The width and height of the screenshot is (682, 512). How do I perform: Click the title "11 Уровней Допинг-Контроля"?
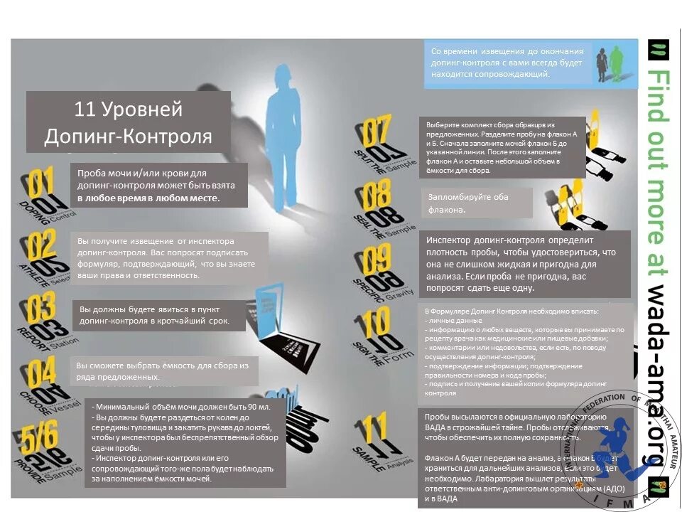point(129,122)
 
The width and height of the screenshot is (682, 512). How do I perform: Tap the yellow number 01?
point(40,183)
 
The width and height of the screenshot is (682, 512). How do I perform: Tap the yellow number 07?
point(377,131)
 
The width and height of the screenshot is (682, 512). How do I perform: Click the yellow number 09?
point(377,259)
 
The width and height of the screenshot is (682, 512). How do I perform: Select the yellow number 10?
point(377,322)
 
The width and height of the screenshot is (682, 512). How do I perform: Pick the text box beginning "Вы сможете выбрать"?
point(166,370)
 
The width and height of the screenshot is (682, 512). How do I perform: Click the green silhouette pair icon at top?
point(610,63)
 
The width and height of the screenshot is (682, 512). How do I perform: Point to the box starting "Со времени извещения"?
point(507,63)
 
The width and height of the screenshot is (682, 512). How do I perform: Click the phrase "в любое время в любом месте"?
point(148,198)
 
